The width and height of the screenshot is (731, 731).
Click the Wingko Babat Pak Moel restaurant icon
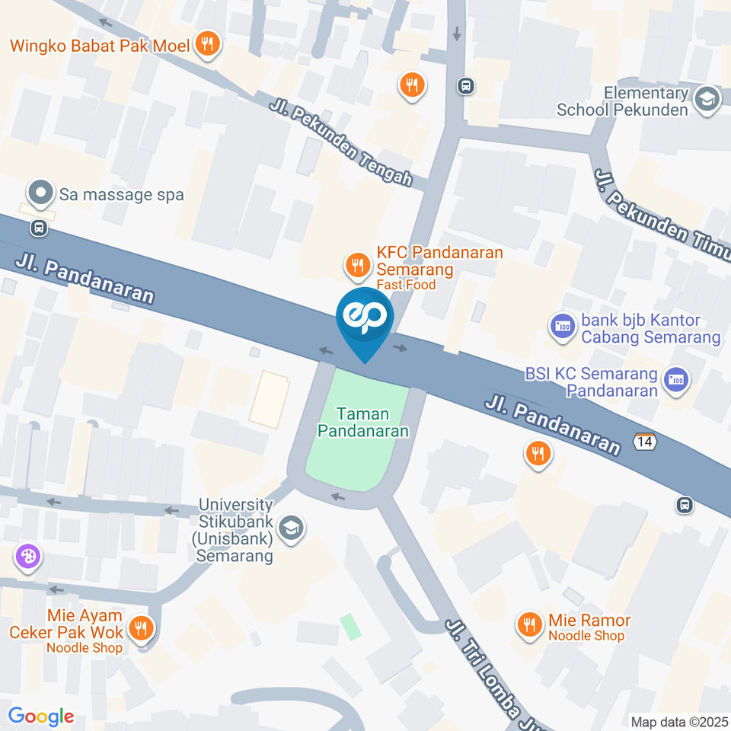coord(206,46)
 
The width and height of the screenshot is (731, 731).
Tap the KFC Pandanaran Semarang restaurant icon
coord(356,265)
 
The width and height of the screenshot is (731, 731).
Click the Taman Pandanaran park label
coord(363,423)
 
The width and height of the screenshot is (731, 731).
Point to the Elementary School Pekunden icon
coord(707,100)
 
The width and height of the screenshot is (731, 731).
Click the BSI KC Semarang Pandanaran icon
coord(675,378)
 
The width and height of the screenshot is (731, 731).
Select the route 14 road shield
coord(644,440)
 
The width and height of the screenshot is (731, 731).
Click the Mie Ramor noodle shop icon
coord(528,626)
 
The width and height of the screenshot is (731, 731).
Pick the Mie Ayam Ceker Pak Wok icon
coord(140,630)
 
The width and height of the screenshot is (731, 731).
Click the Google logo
coord(40,716)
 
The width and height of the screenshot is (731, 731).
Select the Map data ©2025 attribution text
coord(680,721)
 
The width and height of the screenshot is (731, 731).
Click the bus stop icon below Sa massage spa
coord(38,228)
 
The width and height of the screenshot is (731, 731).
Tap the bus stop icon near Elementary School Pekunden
coord(465,86)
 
